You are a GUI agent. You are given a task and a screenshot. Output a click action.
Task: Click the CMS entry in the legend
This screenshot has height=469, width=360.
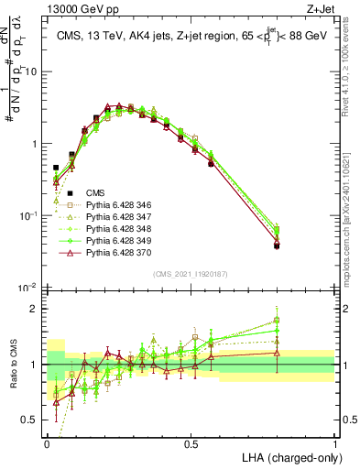pyautogui.click(x=95, y=193)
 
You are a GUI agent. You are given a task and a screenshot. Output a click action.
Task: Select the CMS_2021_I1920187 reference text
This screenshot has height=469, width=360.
pyautogui.click(x=191, y=274)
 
